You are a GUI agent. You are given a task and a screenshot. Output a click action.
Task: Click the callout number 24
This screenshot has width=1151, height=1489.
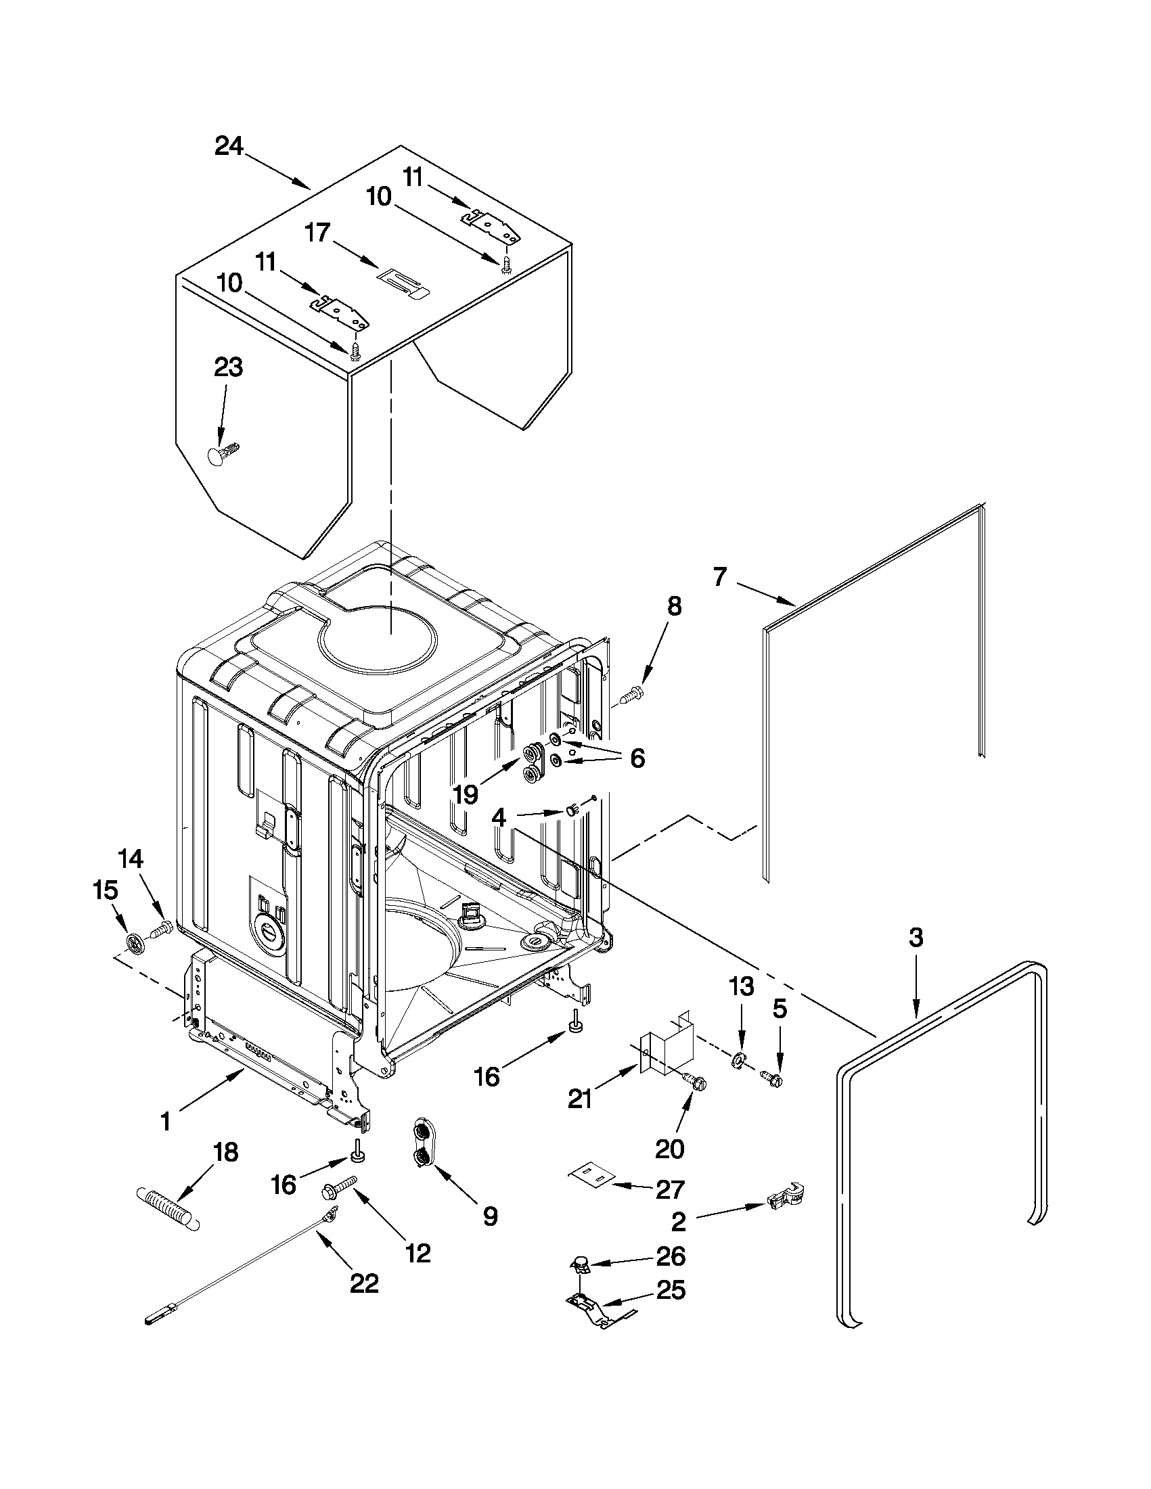229,147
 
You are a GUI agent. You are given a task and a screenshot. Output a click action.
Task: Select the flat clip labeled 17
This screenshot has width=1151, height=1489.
404,282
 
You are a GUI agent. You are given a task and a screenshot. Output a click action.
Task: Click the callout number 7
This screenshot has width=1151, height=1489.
721,578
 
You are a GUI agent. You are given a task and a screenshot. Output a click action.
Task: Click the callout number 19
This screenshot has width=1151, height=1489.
466,794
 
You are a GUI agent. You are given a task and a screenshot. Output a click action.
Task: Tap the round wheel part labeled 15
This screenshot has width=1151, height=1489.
135,943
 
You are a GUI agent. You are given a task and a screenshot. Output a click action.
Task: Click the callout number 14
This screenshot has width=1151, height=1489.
131,859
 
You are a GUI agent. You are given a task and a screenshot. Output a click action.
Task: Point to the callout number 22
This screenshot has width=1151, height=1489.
363,1285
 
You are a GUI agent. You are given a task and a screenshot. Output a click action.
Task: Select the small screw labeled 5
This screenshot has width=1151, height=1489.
773,1078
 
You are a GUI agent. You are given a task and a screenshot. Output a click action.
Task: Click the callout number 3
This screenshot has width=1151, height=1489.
916,938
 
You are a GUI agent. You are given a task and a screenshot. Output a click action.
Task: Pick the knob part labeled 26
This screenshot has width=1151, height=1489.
580,1265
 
